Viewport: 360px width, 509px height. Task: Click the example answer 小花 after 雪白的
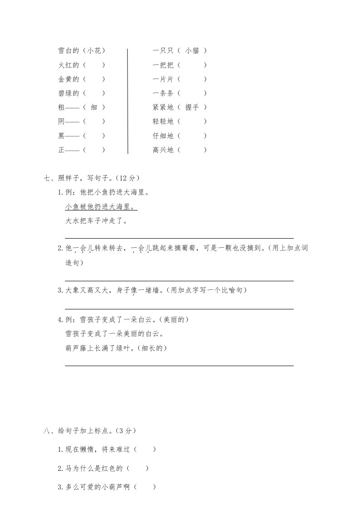(x=94, y=51)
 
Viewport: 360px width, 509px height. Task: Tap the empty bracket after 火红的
(x=94, y=65)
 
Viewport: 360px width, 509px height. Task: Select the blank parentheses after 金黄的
(x=94, y=79)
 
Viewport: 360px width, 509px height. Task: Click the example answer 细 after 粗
(x=94, y=107)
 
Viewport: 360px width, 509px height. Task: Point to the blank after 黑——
(x=94, y=136)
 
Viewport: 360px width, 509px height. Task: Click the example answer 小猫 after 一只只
(x=192, y=51)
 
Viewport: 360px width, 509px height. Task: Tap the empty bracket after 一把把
(x=192, y=65)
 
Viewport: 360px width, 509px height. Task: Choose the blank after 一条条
(x=192, y=93)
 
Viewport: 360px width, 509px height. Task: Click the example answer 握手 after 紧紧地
(x=192, y=107)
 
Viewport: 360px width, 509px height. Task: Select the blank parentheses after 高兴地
(x=192, y=150)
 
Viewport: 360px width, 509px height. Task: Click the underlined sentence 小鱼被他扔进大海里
(x=101, y=207)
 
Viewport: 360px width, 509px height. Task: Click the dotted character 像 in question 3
(x=134, y=290)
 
